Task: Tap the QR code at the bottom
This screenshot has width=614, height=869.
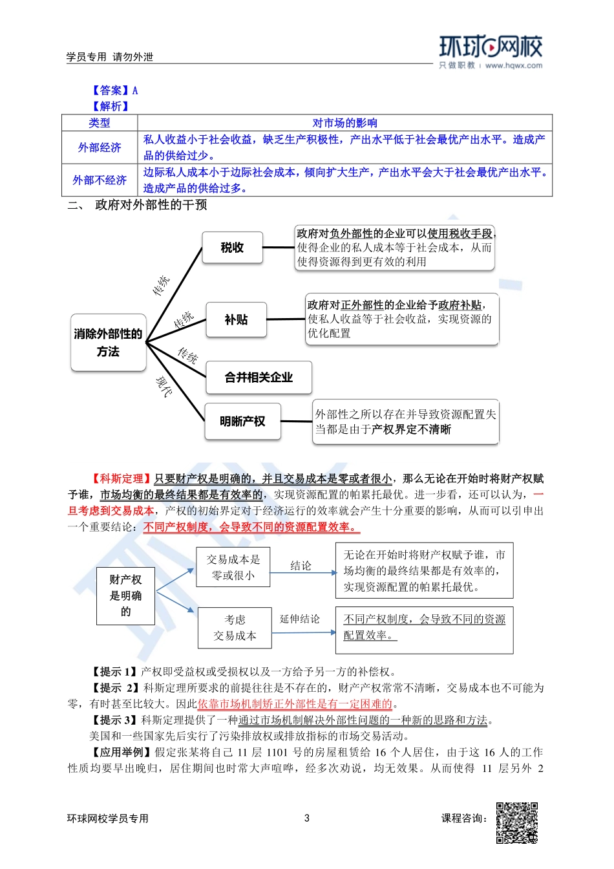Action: tap(516, 823)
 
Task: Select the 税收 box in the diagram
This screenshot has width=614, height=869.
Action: tap(232, 248)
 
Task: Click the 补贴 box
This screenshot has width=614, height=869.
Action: tap(236, 319)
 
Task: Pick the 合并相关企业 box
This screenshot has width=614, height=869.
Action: tap(259, 378)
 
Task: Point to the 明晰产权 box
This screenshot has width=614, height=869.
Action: tap(242, 422)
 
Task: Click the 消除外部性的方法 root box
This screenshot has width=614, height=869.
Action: tap(108, 343)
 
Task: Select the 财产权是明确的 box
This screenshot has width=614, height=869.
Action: tap(125, 595)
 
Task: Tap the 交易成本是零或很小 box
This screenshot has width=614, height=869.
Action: tap(233, 567)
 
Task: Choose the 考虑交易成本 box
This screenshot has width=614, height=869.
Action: tap(235, 628)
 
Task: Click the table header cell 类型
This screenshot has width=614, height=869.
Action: tap(100, 123)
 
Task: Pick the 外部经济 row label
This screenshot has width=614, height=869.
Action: tap(100, 147)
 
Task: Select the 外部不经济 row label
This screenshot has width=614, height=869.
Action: tap(100, 180)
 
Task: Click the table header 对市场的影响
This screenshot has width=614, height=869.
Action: tap(344, 123)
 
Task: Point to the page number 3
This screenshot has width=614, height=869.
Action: tap(307, 818)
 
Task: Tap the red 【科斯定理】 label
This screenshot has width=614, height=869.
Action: tap(121, 478)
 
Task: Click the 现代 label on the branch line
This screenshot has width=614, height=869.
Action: tap(164, 386)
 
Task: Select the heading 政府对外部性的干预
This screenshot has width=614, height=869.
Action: tap(151, 205)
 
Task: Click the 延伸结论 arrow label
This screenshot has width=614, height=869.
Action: tap(299, 619)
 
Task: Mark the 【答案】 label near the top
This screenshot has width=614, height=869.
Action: tap(110, 91)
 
